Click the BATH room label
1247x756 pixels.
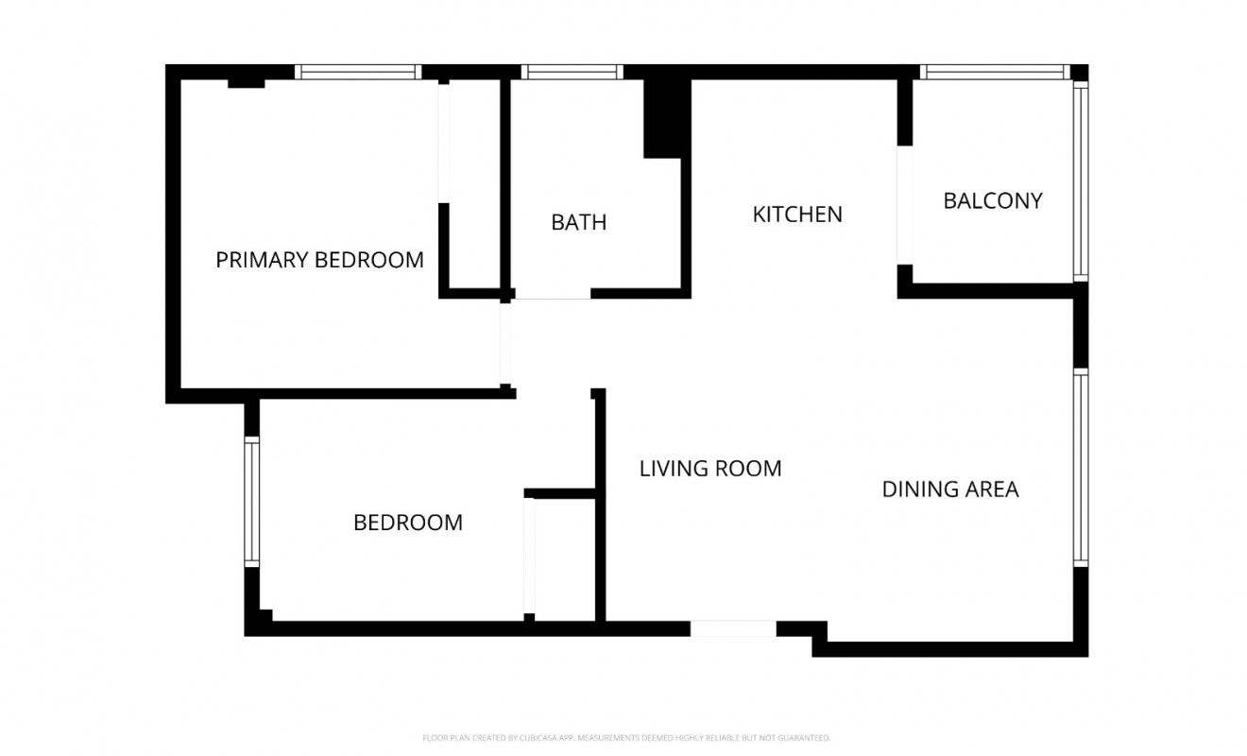coord(578,223)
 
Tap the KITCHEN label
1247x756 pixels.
coord(796,215)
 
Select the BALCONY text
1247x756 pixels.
coord(992,200)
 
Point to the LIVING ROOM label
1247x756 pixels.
coord(710,468)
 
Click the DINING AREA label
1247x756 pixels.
coord(949,489)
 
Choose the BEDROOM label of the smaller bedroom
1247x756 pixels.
coord(407,522)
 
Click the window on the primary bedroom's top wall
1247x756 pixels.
coord(357,72)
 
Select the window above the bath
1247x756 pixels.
coord(572,72)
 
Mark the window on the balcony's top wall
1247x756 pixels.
coord(994,72)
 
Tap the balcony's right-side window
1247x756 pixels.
coord(1081,180)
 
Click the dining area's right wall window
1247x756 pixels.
coord(1081,468)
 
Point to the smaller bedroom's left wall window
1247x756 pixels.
coord(251,501)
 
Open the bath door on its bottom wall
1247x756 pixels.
coord(552,295)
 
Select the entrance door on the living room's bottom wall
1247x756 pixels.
coord(733,628)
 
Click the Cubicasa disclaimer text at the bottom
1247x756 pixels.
coord(626,737)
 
